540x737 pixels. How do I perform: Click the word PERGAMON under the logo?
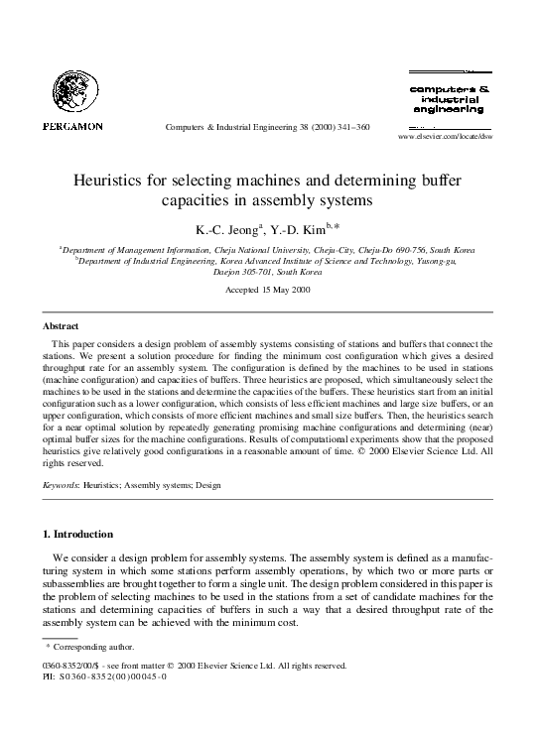(72, 126)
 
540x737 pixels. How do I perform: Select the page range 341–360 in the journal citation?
(349, 127)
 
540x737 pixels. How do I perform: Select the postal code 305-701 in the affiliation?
(260, 271)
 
